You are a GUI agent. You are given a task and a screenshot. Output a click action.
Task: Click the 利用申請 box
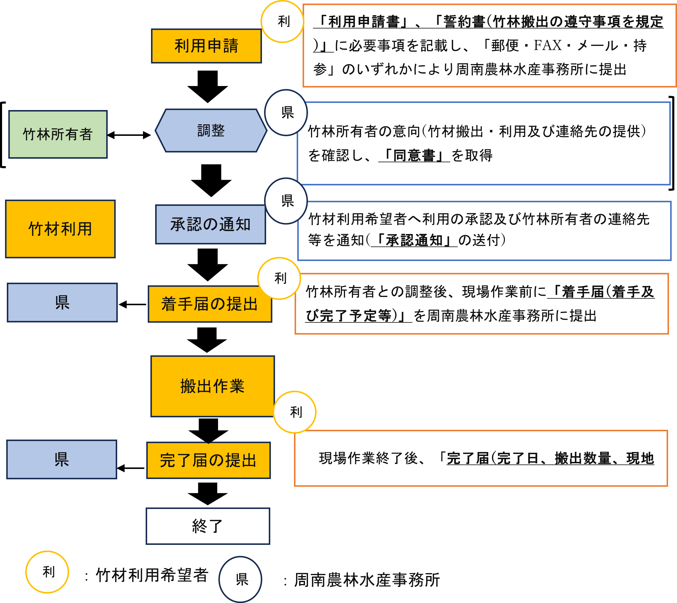point(206,46)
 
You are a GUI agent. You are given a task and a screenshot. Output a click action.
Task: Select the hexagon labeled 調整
point(211,131)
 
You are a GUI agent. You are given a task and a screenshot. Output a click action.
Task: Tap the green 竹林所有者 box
point(58,134)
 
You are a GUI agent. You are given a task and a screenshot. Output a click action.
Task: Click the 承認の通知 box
point(210,224)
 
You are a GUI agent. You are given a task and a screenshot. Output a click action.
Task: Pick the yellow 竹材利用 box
point(60,229)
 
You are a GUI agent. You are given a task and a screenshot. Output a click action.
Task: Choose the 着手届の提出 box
point(210,304)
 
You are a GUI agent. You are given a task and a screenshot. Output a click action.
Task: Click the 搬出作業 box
point(212,386)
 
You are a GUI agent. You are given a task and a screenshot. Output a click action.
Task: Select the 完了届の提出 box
point(209,460)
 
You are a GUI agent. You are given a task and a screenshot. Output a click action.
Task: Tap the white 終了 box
point(208,526)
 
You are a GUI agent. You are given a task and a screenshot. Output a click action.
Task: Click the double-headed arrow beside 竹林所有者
point(129,135)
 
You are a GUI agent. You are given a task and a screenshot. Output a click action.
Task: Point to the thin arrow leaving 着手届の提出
point(133,304)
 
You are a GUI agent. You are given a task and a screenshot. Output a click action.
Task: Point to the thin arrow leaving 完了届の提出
point(131,468)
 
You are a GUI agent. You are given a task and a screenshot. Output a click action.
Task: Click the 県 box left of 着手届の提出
point(62,303)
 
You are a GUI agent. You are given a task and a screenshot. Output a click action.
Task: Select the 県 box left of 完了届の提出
point(62,459)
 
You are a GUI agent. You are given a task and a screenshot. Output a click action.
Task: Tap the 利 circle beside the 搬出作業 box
point(295,412)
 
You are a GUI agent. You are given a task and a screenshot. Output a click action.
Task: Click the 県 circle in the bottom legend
point(240,579)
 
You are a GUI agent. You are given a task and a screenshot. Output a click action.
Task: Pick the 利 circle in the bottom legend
point(47,572)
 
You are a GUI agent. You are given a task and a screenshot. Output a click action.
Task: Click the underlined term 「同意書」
point(414,155)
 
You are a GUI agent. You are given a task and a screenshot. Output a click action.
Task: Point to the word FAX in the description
point(547,45)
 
